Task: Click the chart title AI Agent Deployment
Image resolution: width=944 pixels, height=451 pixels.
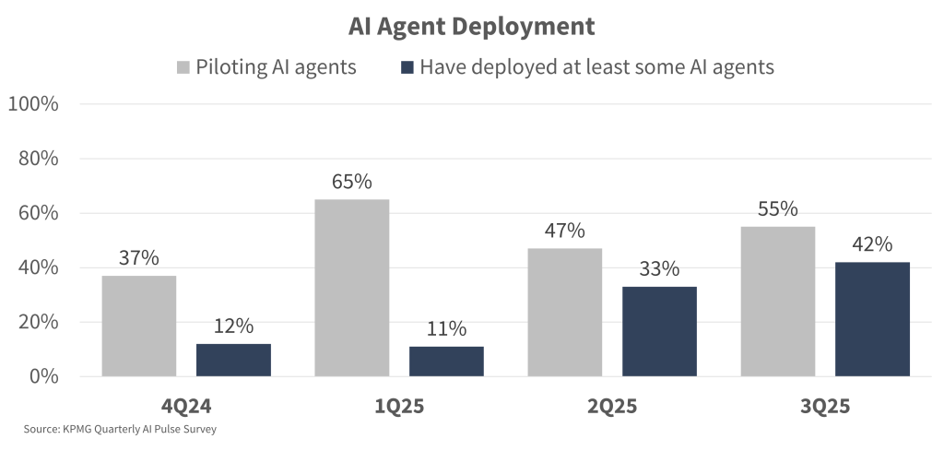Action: [x=471, y=27]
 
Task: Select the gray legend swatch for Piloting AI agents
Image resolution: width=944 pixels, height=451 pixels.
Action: [x=182, y=67]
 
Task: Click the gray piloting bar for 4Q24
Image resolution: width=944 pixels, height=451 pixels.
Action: [x=139, y=326]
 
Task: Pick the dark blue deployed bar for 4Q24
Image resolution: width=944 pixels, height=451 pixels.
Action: [x=233, y=360]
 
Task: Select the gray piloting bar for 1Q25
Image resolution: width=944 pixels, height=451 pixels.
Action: [x=351, y=288]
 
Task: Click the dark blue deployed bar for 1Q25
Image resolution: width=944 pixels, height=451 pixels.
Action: [x=446, y=361]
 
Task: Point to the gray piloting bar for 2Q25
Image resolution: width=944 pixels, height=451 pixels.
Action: [x=564, y=312]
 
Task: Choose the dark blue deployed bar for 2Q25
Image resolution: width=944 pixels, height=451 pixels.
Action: [x=659, y=331]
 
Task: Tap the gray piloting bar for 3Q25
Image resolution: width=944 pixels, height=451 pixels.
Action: [x=777, y=301]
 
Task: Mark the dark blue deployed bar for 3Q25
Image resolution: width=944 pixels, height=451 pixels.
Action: [x=872, y=319]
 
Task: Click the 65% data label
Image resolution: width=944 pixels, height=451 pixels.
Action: [x=351, y=182]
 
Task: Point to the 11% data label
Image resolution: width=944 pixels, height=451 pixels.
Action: [x=446, y=328]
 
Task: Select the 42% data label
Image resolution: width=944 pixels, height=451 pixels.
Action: [x=872, y=244]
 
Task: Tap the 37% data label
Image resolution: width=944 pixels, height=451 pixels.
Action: [x=139, y=258]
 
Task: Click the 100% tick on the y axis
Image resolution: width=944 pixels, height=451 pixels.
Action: [x=33, y=104]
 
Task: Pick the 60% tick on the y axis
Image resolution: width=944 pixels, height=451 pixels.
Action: [x=38, y=213]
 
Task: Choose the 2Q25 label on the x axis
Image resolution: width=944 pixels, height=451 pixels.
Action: [x=611, y=406]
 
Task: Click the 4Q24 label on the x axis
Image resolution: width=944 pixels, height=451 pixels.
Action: [x=186, y=406]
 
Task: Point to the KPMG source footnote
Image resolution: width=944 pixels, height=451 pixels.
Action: [x=120, y=430]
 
